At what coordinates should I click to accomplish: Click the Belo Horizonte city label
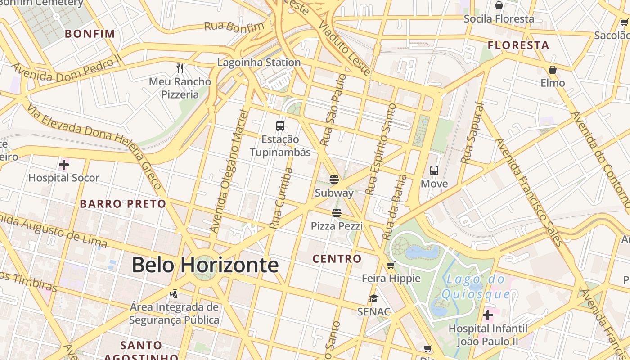click(205, 265)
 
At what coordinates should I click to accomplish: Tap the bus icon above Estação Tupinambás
click(280, 126)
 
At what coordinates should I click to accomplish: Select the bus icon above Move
click(434, 171)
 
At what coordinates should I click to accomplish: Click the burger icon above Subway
click(334, 180)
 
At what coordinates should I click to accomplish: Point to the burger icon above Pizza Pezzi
click(337, 212)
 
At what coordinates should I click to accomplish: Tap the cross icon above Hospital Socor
click(64, 165)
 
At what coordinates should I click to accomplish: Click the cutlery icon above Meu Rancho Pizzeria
click(180, 68)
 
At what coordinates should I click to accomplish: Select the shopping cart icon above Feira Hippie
click(391, 265)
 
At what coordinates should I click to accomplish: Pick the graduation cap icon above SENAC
click(373, 298)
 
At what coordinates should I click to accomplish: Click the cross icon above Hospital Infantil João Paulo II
click(487, 315)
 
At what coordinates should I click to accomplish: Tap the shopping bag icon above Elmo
click(553, 70)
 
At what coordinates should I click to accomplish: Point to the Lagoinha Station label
click(259, 63)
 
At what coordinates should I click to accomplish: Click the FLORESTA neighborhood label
click(518, 45)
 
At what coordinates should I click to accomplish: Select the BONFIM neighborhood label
click(90, 34)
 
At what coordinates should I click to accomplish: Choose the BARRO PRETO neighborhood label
click(123, 204)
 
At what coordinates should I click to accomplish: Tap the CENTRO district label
click(337, 259)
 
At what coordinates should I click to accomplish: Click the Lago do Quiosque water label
click(476, 287)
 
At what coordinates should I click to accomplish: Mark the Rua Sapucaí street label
click(472, 133)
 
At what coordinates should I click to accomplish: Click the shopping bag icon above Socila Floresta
click(499, 5)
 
